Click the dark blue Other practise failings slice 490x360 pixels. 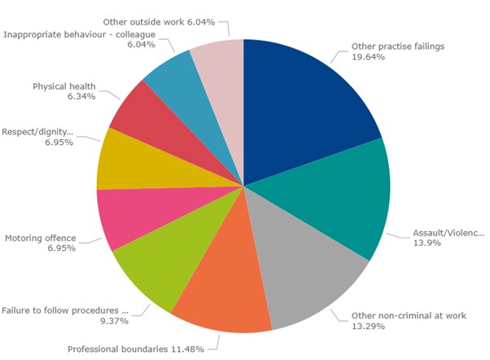click(305, 106)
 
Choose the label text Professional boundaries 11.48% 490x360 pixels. click(143, 349)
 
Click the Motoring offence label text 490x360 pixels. click(40, 238)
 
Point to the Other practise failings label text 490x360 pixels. click(397, 46)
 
